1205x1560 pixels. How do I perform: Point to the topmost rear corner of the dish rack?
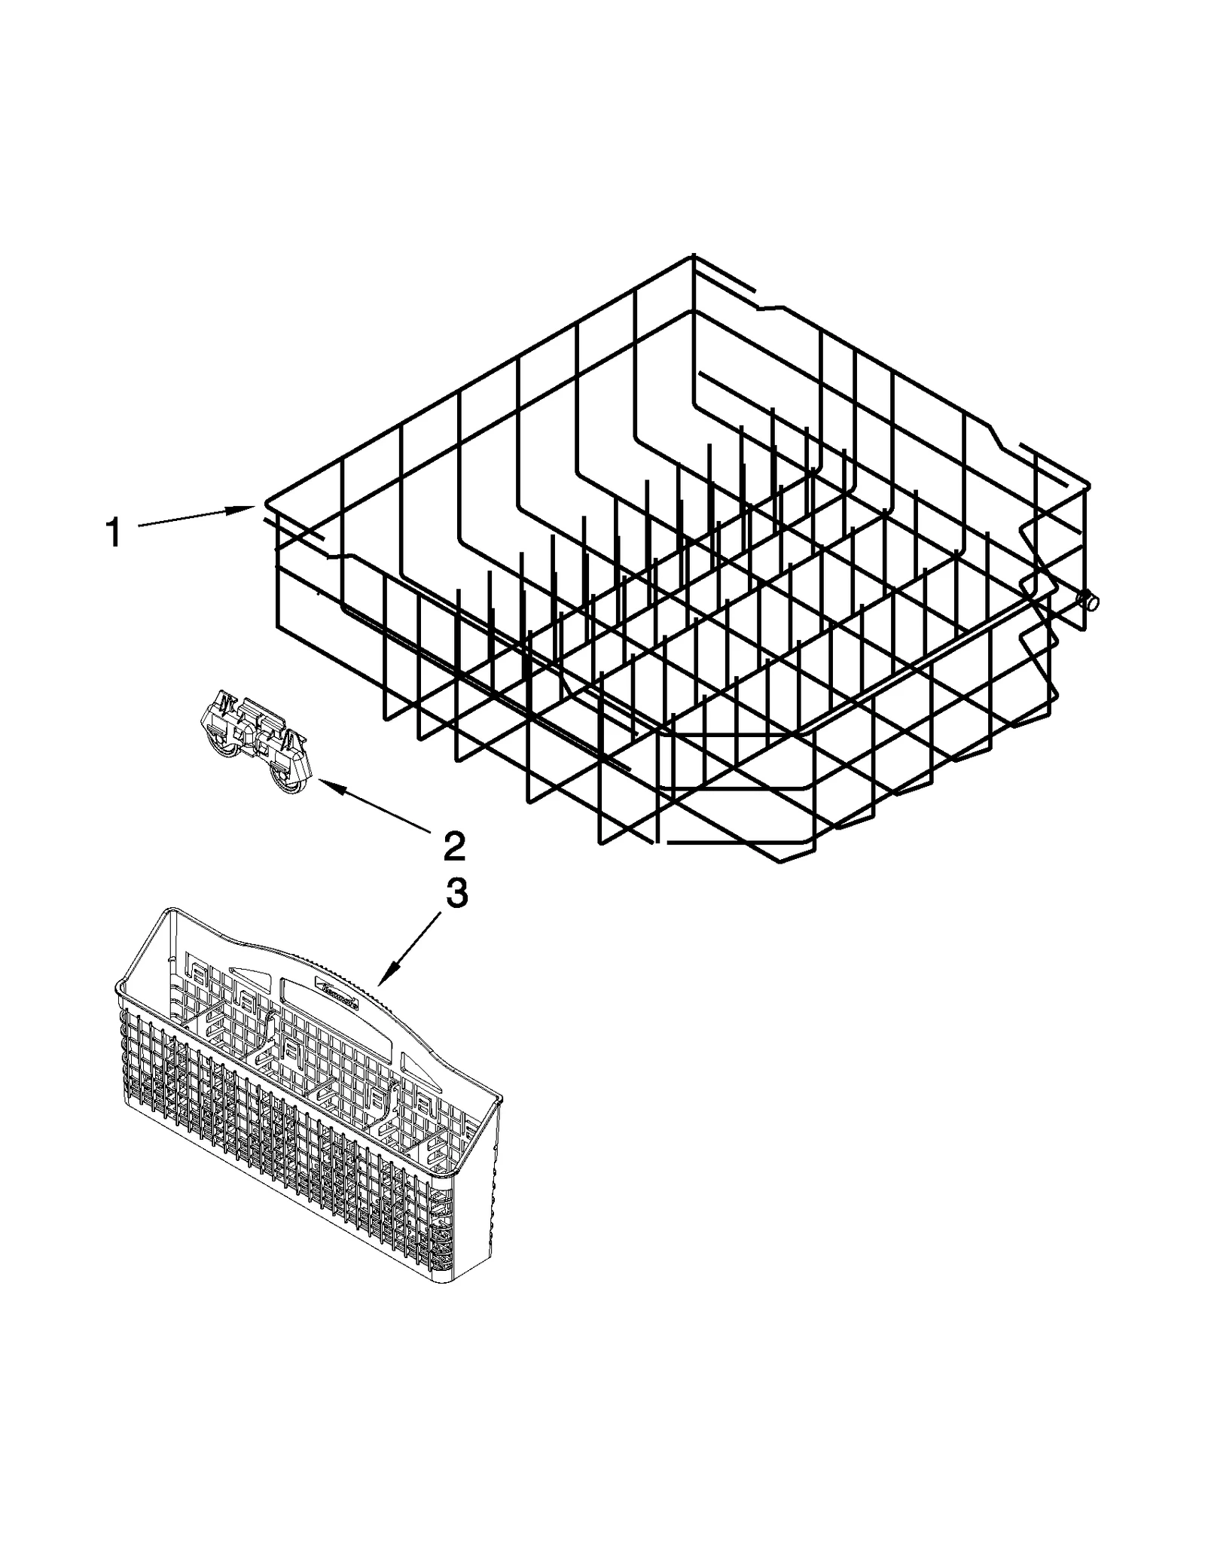pyautogui.click(x=692, y=257)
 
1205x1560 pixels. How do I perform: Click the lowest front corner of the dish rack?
pyautogui.click(x=779, y=862)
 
